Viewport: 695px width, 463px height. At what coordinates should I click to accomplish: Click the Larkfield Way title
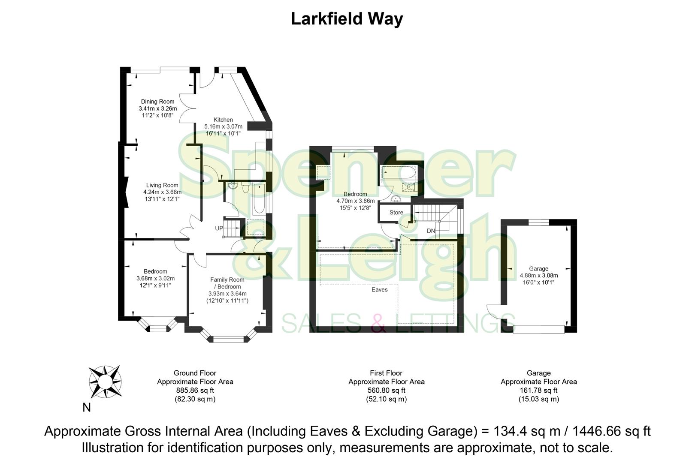coord(347,19)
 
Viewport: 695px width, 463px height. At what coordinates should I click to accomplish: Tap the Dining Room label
coord(157,102)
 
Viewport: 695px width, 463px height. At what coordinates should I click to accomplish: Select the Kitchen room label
coord(223,120)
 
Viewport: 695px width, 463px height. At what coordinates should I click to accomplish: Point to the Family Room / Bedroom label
coord(227,283)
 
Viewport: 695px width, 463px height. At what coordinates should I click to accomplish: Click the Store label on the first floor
coord(396,213)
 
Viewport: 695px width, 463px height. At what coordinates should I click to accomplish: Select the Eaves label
coord(379,289)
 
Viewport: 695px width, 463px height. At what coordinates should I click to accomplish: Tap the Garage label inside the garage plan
coord(538,269)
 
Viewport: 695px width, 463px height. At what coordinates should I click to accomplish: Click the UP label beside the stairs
coord(219,228)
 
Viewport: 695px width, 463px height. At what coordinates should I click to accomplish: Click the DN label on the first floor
coord(431,231)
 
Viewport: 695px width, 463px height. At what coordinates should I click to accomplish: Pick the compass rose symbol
coord(105,381)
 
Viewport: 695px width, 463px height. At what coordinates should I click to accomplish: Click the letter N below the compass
coord(87,407)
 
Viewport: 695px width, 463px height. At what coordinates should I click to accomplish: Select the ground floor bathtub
coord(259,200)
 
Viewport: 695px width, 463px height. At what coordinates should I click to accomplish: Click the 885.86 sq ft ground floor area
coord(195,391)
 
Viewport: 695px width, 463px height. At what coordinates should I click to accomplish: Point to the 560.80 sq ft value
coord(386,391)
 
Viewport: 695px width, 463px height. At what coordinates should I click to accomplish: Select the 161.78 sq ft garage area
coord(538,391)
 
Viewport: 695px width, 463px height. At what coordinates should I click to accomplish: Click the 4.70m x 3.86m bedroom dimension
coord(355,201)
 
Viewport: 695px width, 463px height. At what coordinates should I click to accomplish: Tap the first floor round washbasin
coord(396,199)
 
